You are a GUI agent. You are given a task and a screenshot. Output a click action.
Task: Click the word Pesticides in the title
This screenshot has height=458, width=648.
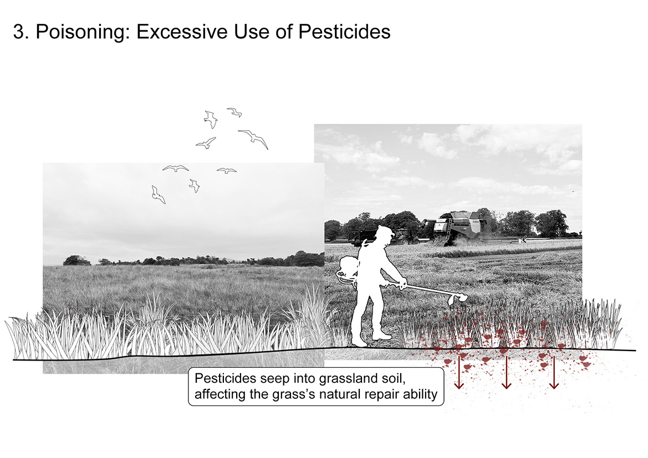click(x=344, y=32)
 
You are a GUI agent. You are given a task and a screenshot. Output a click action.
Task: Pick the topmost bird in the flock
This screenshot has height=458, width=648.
click(x=234, y=112)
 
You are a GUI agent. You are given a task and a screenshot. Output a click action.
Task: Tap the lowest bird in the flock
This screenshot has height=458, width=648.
click(x=158, y=194)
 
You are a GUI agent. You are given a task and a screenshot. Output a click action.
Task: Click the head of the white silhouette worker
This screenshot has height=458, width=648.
click(x=383, y=235)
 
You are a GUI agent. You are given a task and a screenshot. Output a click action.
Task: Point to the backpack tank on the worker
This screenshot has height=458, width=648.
click(x=346, y=270)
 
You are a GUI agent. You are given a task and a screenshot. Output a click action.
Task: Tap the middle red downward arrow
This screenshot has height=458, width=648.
click(x=506, y=372)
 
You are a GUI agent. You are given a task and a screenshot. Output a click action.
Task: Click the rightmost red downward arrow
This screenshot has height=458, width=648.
click(x=554, y=372)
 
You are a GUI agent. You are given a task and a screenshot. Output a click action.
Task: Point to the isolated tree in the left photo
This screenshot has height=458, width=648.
click(x=76, y=261)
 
